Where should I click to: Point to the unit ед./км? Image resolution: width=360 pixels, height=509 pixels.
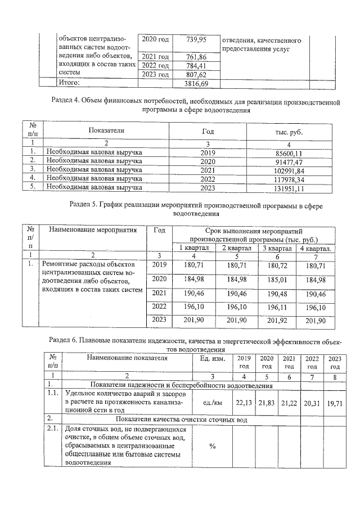(x=212, y=403)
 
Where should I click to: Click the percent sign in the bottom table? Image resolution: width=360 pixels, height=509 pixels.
(x=212, y=447)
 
